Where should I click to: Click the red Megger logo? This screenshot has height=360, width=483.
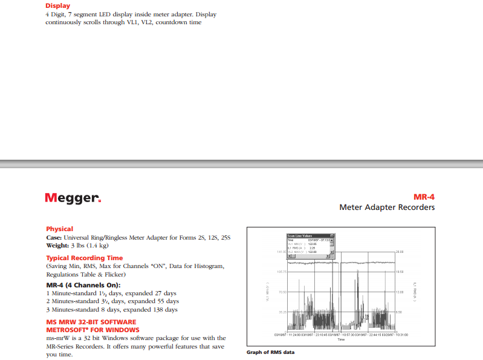tap(73, 198)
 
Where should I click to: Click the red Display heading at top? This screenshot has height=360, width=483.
tap(58, 6)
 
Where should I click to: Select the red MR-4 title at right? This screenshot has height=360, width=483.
tap(424, 197)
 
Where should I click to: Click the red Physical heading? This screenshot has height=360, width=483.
tap(59, 229)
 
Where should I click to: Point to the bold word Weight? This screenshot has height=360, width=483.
tap(58, 246)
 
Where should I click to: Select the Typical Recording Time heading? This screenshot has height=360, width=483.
tap(84, 258)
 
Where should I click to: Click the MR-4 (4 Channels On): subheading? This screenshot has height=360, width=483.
tap(83, 284)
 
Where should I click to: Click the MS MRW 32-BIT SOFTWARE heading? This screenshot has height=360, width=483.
tap(91, 322)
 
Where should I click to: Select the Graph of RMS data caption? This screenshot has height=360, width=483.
tap(270, 352)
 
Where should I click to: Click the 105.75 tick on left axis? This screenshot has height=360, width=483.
tap(281, 272)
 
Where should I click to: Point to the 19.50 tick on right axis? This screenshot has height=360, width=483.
tap(399, 272)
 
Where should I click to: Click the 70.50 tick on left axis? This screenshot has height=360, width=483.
tap(282, 292)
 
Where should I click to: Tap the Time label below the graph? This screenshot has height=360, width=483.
tap(341, 339)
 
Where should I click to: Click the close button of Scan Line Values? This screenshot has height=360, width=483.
tap(332, 235)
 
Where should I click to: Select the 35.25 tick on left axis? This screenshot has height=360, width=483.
tap(282, 312)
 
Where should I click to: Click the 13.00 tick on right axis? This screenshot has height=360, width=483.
tap(399, 292)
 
